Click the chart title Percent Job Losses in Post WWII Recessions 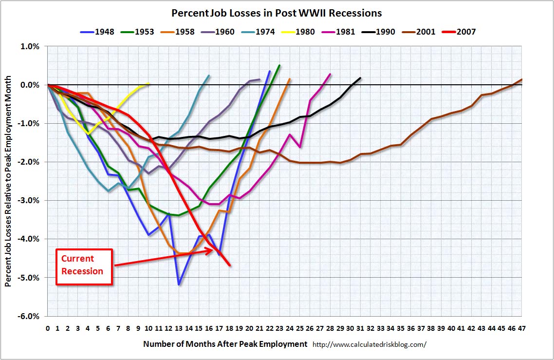[277, 13]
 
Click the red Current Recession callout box [84, 266]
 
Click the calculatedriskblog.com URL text [369, 344]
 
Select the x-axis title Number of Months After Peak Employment [225, 344]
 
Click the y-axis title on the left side [9, 181]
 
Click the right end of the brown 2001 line [521, 79]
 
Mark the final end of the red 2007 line [229, 265]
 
